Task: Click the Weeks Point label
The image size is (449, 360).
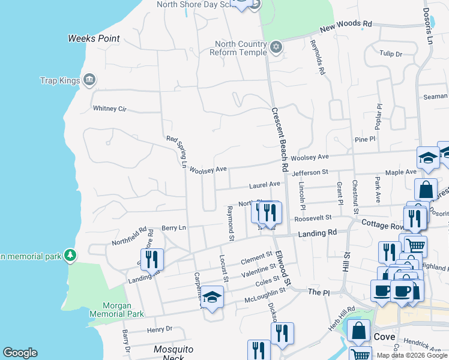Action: pyautogui.click(x=94, y=38)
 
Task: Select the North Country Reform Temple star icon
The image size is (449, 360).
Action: pyautogui.click(x=276, y=47)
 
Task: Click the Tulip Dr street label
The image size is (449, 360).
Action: pyautogui.click(x=391, y=54)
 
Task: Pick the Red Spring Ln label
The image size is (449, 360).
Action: pyautogui.click(x=178, y=152)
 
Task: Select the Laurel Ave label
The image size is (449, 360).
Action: pyautogui.click(x=266, y=184)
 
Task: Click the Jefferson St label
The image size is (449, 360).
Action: pyautogui.click(x=310, y=172)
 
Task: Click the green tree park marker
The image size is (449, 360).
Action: pyautogui.click(x=70, y=256)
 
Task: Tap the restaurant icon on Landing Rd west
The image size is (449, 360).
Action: pyautogui.click(x=152, y=259)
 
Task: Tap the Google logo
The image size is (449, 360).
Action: pyautogui.click(x=20, y=353)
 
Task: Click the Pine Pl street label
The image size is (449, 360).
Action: pyautogui.click(x=364, y=139)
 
